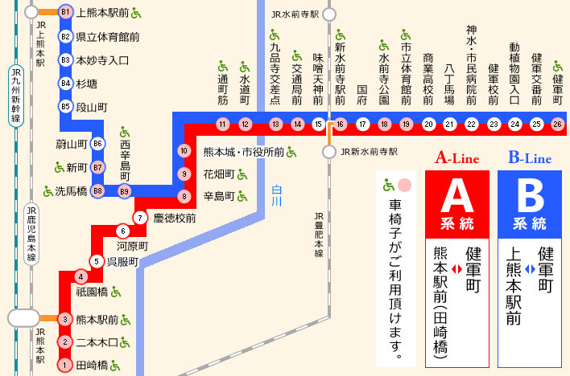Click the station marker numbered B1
66,13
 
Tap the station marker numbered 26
557,124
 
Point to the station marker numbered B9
124,191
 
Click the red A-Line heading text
456,158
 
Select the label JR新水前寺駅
369,151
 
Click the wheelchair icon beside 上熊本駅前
136,13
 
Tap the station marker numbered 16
341,124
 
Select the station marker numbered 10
184,151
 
